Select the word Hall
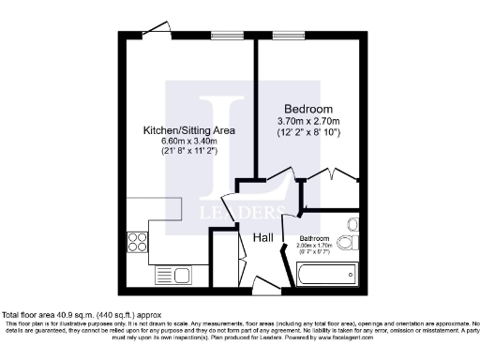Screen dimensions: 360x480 click(x=263, y=238)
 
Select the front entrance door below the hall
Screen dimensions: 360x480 click(x=263, y=283)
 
